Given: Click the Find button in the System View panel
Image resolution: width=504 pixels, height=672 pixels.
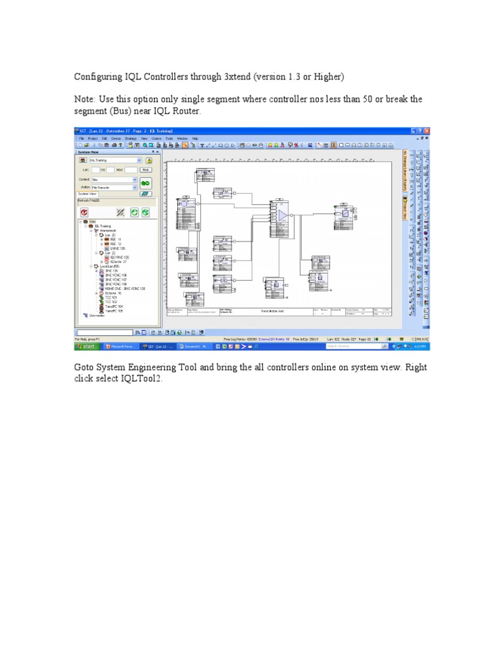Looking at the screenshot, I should pos(146,169).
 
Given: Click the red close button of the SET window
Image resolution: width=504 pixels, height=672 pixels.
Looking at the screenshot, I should pos(427,131).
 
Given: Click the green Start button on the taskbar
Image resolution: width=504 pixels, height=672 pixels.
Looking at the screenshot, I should pos(86,345).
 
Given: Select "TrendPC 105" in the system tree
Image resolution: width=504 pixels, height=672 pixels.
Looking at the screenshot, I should pos(114,310).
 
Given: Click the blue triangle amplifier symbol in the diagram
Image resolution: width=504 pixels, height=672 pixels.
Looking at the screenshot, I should pos(282,215).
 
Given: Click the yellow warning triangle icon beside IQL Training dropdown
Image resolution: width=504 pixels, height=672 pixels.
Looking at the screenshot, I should pos(150,159).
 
